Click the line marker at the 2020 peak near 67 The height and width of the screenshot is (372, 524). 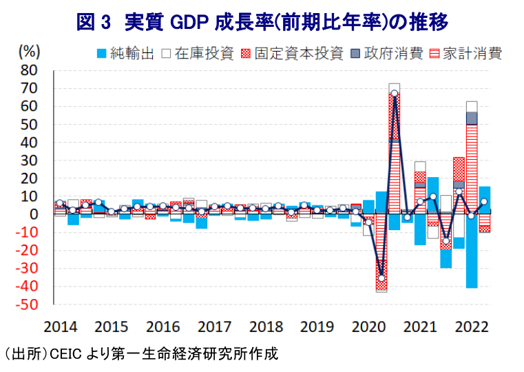point(394,94)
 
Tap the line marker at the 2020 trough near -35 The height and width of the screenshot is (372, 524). point(381,278)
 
